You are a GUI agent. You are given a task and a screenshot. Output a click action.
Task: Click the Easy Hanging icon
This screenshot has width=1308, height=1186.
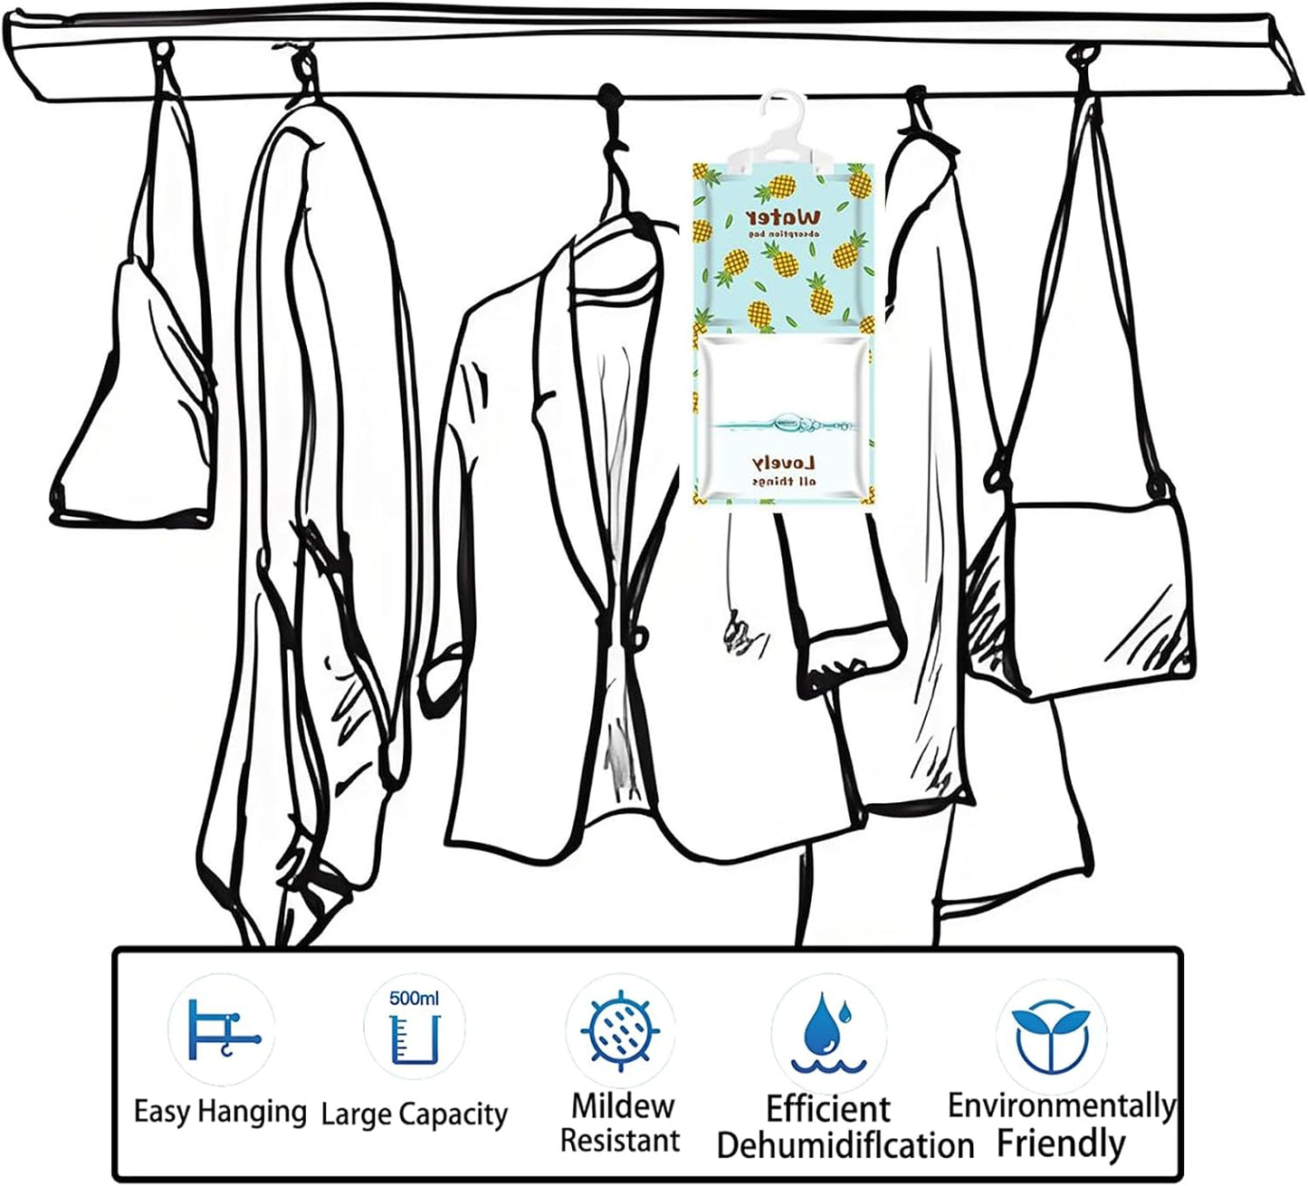click(x=222, y=1030)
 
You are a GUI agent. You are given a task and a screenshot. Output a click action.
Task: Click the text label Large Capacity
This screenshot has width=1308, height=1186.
click(x=414, y=1114)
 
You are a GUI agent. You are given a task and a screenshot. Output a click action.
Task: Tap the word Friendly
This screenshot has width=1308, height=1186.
click(x=1061, y=1143)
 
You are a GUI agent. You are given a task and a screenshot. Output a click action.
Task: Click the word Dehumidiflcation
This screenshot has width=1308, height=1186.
click(x=845, y=1145)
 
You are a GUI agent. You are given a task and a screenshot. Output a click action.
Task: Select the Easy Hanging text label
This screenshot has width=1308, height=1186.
click(x=220, y=1111)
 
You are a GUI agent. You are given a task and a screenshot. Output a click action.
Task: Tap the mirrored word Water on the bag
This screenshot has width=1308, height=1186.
click(x=784, y=219)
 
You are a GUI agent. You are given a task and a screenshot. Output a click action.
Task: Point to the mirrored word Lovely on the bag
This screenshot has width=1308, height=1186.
click(x=784, y=464)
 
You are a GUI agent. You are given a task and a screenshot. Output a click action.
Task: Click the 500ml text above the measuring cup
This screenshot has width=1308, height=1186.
click(x=414, y=999)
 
